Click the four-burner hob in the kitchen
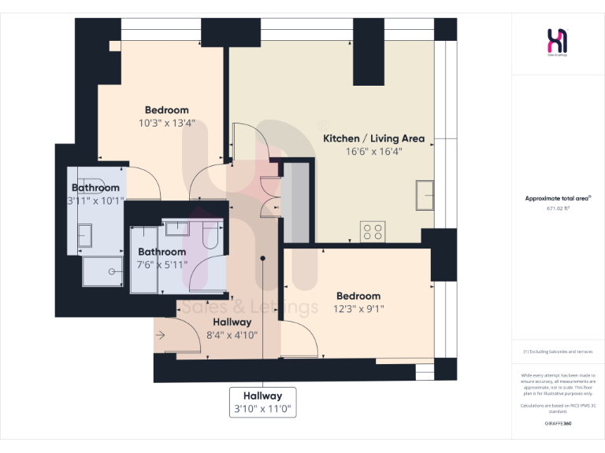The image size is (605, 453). click(x=373, y=231)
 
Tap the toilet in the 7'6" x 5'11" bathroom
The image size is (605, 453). click(x=210, y=234)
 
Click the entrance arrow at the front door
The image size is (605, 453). click(x=161, y=335)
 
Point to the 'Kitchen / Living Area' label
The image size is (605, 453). click(x=374, y=138)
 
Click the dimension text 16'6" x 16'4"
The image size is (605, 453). click(x=374, y=152)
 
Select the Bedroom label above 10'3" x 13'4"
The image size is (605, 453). click(x=166, y=110)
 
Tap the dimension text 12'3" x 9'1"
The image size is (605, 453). click(x=358, y=309)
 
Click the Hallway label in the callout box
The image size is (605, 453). click(x=262, y=396)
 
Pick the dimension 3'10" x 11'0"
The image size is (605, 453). click(x=262, y=409)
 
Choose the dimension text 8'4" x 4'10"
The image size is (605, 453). click(x=231, y=335)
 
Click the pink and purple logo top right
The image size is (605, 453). click(x=557, y=40)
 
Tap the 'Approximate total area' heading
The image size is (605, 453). click(x=557, y=199)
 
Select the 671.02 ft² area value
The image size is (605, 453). click(x=557, y=209)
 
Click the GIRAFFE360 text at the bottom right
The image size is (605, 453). click(x=557, y=423)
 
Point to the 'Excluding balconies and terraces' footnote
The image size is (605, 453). click(x=557, y=352)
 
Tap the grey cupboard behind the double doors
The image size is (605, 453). click(x=297, y=202)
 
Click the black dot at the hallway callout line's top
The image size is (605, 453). click(x=263, y=258)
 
